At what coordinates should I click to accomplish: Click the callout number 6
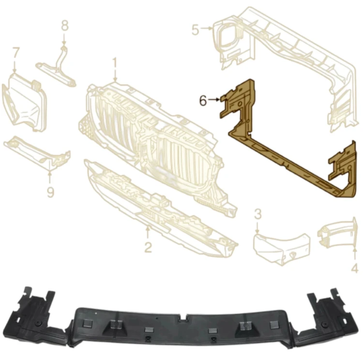pos(203,101)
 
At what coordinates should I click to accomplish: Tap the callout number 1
pos(115,63)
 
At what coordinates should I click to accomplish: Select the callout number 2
pos(148,247)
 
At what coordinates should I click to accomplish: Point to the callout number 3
pos(257,214)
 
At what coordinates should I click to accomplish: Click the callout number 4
pos(355,269)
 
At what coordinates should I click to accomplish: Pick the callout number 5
pos(196,30)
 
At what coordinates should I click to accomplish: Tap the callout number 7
pos(16,53)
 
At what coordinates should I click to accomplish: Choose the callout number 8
pos(65,26)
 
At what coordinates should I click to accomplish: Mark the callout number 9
pos(50,192)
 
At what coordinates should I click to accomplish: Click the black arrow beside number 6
pos(213,99)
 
